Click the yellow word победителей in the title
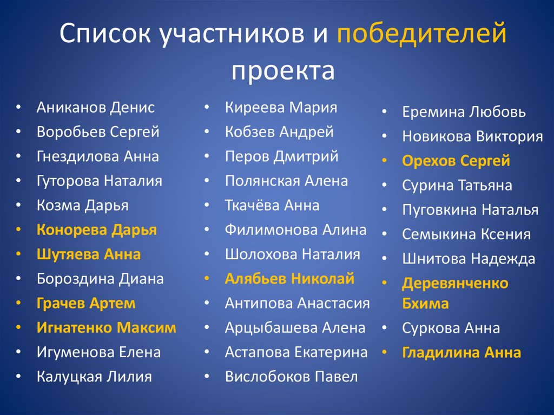(421, 35)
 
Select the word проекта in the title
(283, 71)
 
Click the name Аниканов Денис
(96, 107)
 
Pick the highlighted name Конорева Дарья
(97, 230)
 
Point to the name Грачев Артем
(86, 304)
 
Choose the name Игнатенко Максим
(107, 328)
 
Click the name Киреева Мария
(281, 107)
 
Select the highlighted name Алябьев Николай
(289, 279)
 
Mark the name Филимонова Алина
(295, 230)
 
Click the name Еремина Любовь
(464, 112)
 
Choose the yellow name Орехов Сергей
(456, 161)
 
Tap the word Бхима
(425, 304)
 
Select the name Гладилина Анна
(461, 353)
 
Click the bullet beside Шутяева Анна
(19, 254)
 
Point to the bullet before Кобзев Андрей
(207, 132)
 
